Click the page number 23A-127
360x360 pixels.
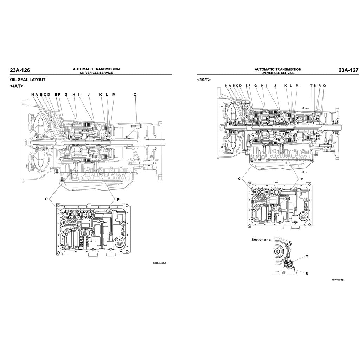tap(348, 70)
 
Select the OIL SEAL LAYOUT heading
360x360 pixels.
tap(25, 79)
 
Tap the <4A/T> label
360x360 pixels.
tap(17, 86)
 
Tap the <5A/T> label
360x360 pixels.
tap(204, 80)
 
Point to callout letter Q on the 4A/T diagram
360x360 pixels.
tap(135, 94)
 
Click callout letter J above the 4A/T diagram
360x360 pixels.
tap(89, 94)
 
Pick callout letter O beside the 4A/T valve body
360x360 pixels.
tap(46, 199)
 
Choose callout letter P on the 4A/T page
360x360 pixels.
tap(118, 199)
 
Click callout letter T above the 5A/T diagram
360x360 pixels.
tap(311, 85)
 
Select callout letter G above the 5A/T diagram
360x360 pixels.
tap(256, 85)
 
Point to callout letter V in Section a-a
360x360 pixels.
tap(307, 256)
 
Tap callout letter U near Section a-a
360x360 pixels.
tap(307, 273)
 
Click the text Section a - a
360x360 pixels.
tap(261, 240)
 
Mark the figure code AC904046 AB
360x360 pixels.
tap(159, 263)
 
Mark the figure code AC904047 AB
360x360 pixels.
tap(337, 280)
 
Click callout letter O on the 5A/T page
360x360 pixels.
tap(239, 179)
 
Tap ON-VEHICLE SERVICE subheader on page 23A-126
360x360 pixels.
tap(96, 73)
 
